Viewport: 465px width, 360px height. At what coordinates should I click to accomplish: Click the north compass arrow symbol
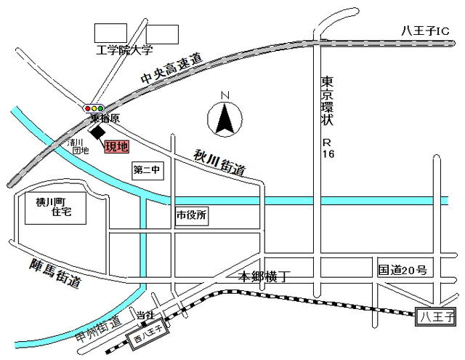coord(225,117)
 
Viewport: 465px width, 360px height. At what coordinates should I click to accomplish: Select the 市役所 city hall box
coord(192,215)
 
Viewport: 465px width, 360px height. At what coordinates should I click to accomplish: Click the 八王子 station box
coord(437,317)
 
